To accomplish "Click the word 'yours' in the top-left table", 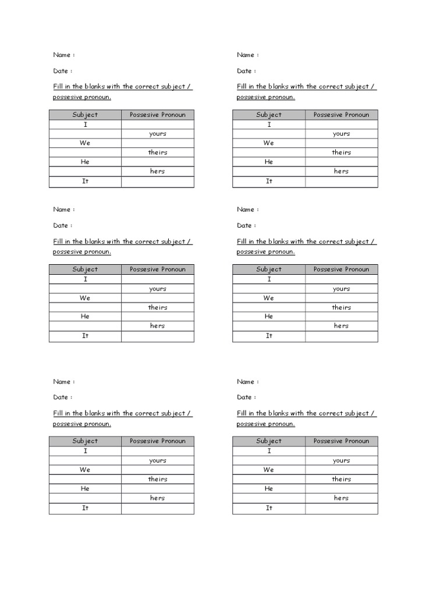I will click(x=157, y=134).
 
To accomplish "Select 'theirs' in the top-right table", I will click(x=342, y=152).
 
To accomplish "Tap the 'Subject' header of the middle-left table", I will click(x=85, y=269).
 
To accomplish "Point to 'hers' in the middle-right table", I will click(x=342, y=326).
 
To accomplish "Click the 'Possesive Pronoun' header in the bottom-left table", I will click(x=157, y=441).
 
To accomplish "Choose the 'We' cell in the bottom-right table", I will click(x=269, y=470).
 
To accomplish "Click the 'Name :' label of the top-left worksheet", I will click(x=63, y=55).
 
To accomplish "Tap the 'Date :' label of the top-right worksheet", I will click(x=246, y=71).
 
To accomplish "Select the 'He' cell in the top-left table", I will click(x=85, y=162).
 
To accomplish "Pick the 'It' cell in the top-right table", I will click(x=269, y=181).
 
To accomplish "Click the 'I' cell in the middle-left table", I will click(x=85, y=279).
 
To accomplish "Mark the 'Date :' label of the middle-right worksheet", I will click(x=246, y=226).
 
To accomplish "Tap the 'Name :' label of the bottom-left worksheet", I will click(x=63, y=382).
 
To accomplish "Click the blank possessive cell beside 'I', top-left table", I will click(x=157, y=125).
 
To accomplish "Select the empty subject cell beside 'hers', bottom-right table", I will click(x=269, y=498).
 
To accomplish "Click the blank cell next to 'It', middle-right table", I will click(x=342, y=336).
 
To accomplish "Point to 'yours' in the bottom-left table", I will click(x=157, y=460).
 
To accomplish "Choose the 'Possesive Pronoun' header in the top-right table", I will click(x=342, y=115).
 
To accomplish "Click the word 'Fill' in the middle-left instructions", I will click(x=58, y=242).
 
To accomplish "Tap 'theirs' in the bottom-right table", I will click(x=342, y=480).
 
